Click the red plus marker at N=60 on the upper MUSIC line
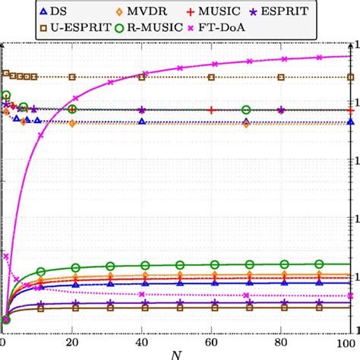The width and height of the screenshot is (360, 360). click(212, 110)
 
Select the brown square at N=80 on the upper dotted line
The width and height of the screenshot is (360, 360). click(281, 77)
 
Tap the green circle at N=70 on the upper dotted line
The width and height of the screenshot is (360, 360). click(246, 110)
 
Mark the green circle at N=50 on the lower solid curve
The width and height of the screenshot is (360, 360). click(177, 265)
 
